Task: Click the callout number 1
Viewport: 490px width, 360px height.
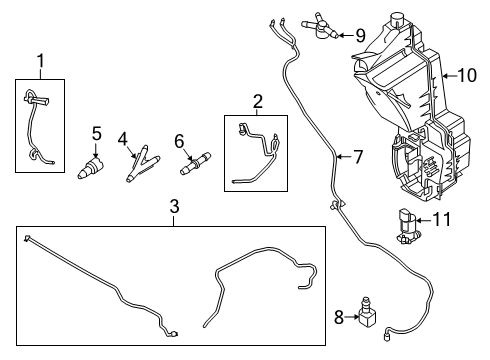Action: pos(41,63)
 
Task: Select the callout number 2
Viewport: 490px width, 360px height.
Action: pos(258,100)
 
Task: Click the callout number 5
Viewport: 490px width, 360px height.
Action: pos(96,133)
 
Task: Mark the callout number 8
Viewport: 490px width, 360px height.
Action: pos(338,318)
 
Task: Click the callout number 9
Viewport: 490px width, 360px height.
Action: pos(360,35)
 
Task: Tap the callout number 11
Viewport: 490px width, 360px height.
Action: pos(447,220)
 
